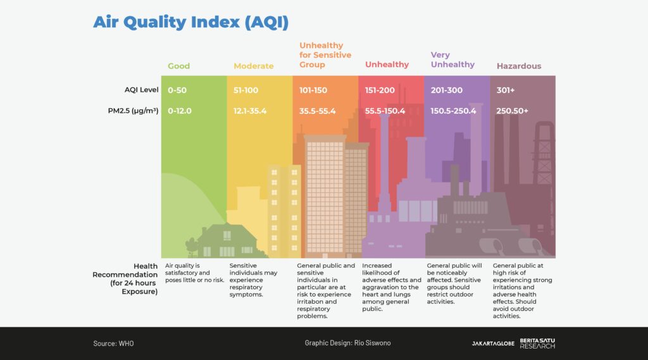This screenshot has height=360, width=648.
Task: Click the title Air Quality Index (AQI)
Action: point(190,22)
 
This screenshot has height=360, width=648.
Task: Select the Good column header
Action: point(178,66)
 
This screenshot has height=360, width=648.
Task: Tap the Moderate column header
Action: point(253,66)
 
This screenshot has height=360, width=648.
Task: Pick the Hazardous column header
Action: point(518,66)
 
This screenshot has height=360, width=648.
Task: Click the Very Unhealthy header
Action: point(452,59)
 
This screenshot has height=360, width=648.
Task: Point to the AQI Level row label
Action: point(141,90)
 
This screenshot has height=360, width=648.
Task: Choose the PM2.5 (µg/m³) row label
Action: point(133,111)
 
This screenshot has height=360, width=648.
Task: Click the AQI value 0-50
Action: point(177,90)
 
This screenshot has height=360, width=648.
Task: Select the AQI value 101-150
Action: point(313,90)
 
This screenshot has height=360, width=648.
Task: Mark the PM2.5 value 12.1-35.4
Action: point(250,111)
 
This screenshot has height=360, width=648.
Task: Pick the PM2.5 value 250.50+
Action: point(512,111)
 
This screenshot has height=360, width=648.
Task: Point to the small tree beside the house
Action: point(191,245)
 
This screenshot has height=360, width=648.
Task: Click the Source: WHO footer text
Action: point(113,344)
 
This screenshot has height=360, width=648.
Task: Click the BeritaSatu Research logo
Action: point(537,344)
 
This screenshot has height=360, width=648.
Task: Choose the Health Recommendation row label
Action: point(127,279)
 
